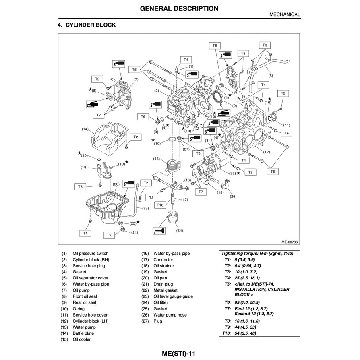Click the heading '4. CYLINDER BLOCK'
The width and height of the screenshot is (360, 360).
[87, 25]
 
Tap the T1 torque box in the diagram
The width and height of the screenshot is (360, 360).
[85, 233]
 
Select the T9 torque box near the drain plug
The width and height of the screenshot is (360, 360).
[109, 235]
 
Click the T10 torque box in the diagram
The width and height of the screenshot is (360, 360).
[160, 205]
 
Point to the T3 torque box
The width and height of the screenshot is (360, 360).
[80, 187]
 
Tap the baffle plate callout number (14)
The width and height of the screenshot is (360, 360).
[85, 129]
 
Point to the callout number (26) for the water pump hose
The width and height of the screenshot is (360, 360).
[233, 197]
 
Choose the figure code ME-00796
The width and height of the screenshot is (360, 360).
[289, 242]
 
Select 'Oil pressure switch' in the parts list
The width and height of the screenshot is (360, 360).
[90, 254]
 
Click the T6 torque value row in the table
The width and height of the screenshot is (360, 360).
[248, 302]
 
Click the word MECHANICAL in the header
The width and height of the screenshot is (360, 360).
[284, 14]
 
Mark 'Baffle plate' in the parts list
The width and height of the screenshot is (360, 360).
[83, 333]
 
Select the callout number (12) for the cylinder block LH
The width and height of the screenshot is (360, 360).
[266, 152]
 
